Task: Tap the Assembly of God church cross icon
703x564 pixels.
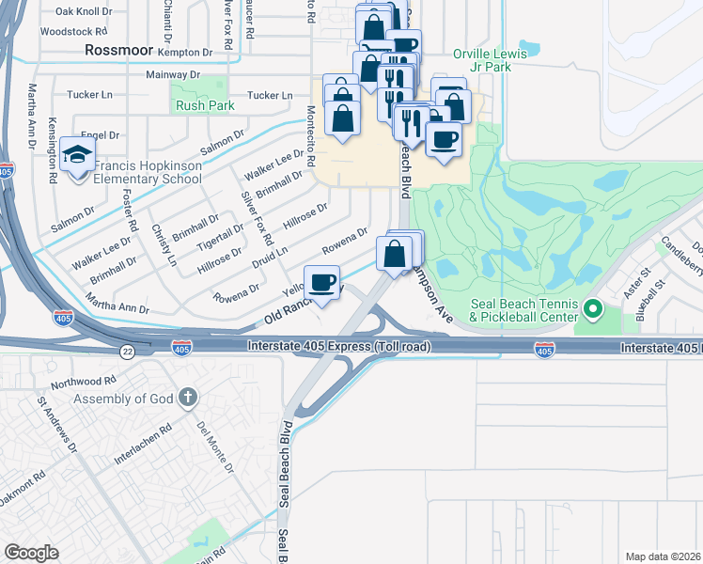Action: pyautogui.click(x=187, y=399)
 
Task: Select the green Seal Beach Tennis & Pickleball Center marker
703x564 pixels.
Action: pyautogui.click(x=592, y=308)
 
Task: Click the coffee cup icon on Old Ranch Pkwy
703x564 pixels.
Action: pyautogui.click(x=322, y=282)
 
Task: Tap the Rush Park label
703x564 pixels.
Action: pyautogui.click(x=204, y=106)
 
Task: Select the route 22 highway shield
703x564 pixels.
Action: pyautogui.click(x=127, y=351)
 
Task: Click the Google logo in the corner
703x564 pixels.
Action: pyautogui.click(x=31, y=552)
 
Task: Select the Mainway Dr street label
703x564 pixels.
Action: pyautogui.click(x=174, y=73)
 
